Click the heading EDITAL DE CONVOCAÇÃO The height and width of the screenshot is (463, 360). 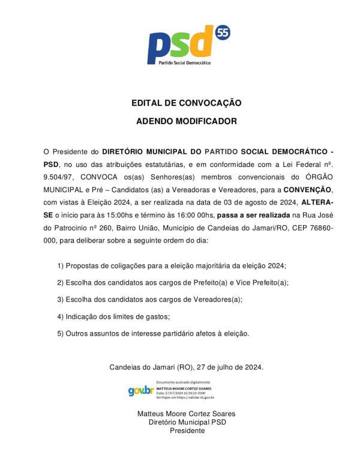(x=187, y=103)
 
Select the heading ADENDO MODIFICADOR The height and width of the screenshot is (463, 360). (x=187, y=121)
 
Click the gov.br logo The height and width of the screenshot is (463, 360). (x=140, y=390)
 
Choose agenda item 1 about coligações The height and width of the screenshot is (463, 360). (x=172, y=265)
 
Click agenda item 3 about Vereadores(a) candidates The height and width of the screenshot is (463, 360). (x=149, y=299)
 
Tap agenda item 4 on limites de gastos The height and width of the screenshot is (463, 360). (x=114, y=316)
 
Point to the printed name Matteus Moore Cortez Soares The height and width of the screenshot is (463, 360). (x=187, y=414)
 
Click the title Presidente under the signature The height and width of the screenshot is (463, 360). (x=187, y=431)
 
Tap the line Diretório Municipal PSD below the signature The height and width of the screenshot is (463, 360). (x=187, y=422)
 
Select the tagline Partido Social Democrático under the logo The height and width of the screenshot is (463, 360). (x=184, y=62)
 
